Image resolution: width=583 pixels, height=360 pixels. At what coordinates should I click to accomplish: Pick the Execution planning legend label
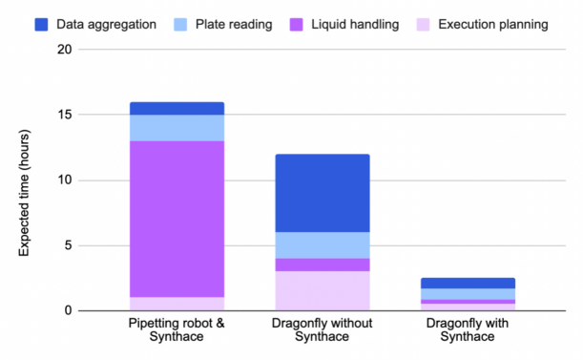(492, 23)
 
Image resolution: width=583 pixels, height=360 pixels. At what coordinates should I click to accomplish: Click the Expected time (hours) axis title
(26, 180)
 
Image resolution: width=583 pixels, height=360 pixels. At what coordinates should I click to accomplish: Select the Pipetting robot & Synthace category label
(177, 329)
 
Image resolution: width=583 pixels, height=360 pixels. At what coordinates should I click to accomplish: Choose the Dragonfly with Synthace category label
(468, 329)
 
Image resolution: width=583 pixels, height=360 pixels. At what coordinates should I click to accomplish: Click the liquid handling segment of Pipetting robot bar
(177, 219)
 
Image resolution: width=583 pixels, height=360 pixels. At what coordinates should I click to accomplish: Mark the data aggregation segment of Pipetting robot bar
(177, 108)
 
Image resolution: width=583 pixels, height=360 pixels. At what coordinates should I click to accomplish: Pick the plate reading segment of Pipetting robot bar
(177, 128)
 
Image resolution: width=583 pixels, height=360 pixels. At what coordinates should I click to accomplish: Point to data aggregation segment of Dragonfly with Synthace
(468, 284)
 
